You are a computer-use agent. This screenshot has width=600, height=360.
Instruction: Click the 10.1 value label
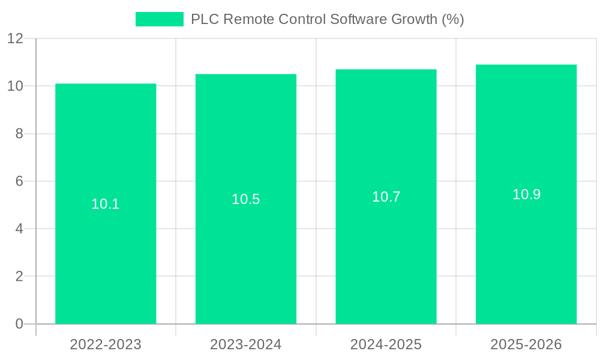(106, 204)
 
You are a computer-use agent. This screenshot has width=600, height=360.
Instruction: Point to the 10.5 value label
(246, 199)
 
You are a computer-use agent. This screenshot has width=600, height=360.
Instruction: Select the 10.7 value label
(386, 197)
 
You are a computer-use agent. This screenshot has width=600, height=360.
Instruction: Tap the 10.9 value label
(526, 194)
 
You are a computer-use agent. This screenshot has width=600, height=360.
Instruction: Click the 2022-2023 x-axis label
(106, 344)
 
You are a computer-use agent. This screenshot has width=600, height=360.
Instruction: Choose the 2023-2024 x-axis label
(246, 344)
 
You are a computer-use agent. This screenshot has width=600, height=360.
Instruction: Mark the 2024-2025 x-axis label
(386, 344)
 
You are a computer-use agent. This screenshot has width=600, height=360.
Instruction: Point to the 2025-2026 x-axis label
(526, 344)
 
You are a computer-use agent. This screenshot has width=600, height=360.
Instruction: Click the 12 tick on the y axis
(15, 38)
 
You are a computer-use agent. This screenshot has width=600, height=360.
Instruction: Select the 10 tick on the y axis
(15, 86)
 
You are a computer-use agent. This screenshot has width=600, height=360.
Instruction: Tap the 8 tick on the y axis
(19, 133)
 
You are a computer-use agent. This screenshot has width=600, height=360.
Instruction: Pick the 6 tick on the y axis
(19, 181)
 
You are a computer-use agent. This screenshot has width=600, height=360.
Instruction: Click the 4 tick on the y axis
(19, 229)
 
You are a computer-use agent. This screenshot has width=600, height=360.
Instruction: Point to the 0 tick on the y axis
(19, 324)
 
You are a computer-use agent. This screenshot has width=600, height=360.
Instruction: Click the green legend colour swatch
(159, 19)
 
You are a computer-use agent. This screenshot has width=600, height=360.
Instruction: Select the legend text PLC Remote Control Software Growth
(327, 19)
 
